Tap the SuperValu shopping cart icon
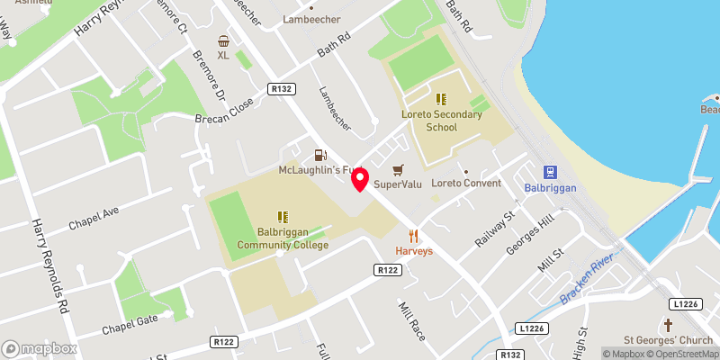tap(398, 169)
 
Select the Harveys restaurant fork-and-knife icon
tap(414, 236)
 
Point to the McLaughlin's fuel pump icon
tap(319, 156)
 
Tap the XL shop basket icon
tap(223, 40)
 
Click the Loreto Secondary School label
tap(442, 121)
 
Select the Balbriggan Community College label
tap(282, 237)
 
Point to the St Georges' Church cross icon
tap(668, 324)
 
